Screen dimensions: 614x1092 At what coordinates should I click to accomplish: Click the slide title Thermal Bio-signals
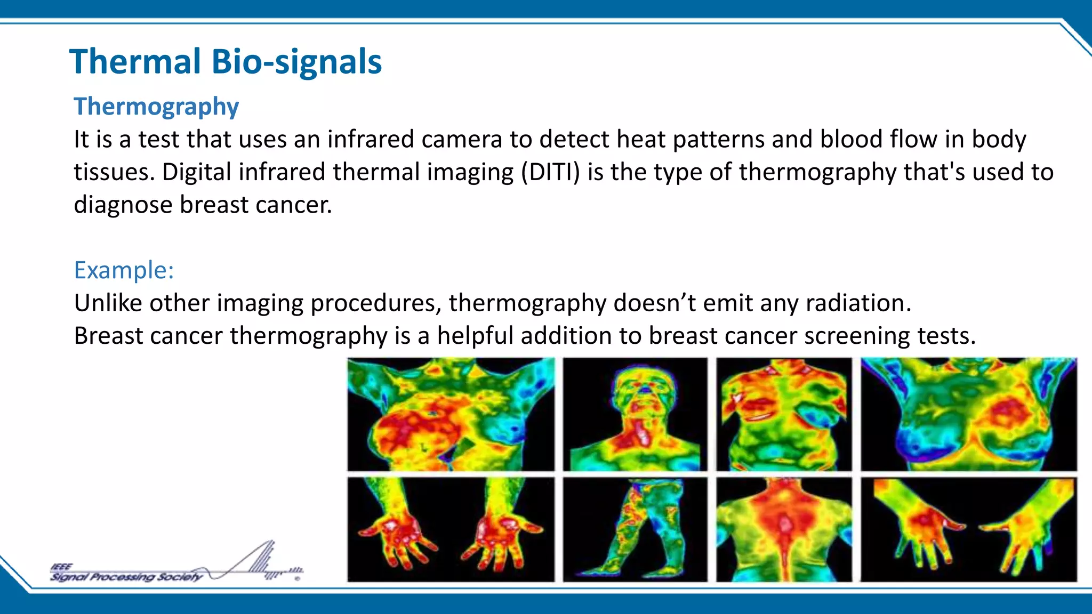click(x=225, y=62)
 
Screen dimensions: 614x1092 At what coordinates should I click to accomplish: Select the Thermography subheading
click(x=156, y=107)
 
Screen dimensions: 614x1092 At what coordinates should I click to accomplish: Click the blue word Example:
click(x=124, y=270)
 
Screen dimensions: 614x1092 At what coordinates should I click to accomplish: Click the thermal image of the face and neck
click(x=635, y=414)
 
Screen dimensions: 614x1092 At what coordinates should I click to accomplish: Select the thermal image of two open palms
click(x=451, y=529)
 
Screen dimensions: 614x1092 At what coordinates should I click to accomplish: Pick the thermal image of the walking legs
click(x=635, y=529)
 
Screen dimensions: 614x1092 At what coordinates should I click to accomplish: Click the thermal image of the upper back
click(x=784, y=529)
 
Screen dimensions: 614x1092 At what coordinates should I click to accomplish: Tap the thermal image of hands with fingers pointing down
click(x=968, y=529)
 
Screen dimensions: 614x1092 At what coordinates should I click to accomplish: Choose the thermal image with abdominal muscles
click(x=784, y=414)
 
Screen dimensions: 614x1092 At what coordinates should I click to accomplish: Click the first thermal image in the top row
click(x=451, y=414)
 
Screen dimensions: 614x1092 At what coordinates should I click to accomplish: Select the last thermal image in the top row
click(x=968, y=414)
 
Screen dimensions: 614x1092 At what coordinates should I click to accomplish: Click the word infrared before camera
click(x=370, y=140)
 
